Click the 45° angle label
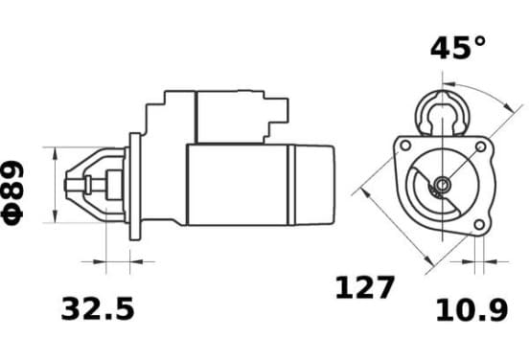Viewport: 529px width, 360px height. pyautogui.click(x=458, y=48)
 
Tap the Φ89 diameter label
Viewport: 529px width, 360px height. pyautogui.click(x=12, y=192)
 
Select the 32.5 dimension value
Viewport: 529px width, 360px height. pyautogui.click(x=98, y=308)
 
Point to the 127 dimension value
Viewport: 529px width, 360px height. pyautogui.click(x=364, y=287)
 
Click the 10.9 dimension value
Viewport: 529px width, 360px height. pyautogui.click(x=472, y=310)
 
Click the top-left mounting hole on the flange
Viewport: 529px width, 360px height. pyautogui.click(x=405, y=146)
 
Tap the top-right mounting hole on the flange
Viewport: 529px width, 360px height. pyautogui.click(x=480, y=146)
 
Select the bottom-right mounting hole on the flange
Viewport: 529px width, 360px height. pyautogui.click(x=479, y=224)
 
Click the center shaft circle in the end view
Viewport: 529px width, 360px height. pyautogui.click(x=442, y=184)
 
